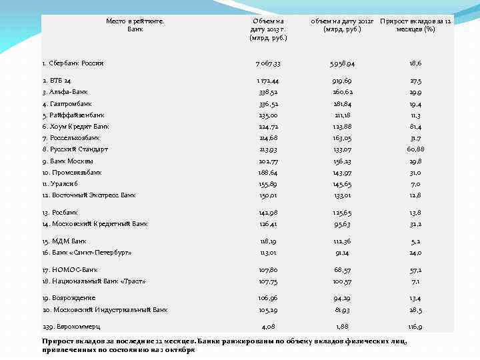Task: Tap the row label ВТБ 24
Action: [56, 80]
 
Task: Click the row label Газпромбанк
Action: [67, 103]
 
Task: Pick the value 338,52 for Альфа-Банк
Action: [269, 91]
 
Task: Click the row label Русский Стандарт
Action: [75, 149]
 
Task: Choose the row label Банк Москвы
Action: [67, 161]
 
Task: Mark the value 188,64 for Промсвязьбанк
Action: [269, 172]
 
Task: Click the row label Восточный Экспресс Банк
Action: [89, 195]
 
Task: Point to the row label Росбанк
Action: [59, 212]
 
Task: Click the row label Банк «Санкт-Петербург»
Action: [87, 253]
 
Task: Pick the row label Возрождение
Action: [69, 298]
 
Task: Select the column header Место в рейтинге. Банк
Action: [135, 25]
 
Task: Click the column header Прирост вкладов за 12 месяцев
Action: [415, 25]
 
